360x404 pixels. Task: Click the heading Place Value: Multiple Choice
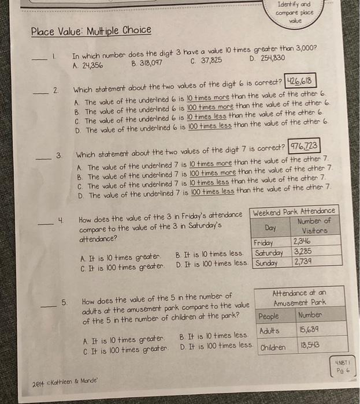(91, 30)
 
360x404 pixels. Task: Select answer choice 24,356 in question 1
(88, 65)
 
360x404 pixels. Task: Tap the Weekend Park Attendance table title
(295, 211)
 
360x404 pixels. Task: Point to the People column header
(269, 316)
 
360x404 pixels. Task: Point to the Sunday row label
(266, 263)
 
